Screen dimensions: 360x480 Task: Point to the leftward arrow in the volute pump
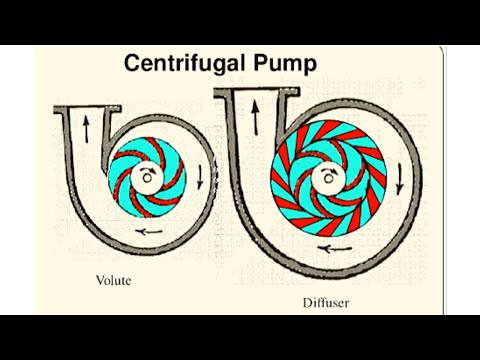(152, 230)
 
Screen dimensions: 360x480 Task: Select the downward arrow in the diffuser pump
(400, 181)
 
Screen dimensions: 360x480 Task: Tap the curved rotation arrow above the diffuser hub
(327, 172)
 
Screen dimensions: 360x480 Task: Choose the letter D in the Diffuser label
(308, 302)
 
